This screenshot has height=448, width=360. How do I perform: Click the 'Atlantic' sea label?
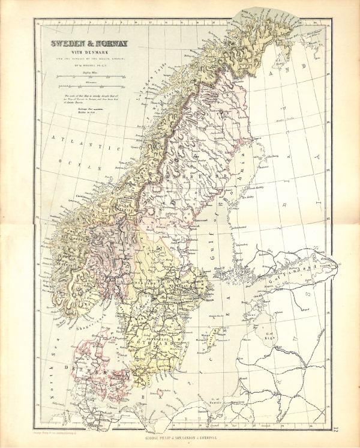pyautogui.click(x=87, y=143)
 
